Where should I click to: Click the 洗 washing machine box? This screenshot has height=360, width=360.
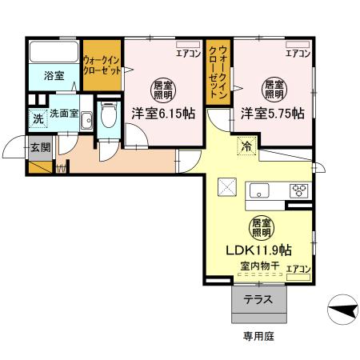tap(37, 118)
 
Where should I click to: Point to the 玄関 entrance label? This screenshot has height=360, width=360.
tap(40, 146)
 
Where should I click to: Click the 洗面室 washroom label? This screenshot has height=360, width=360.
tap(63, 114)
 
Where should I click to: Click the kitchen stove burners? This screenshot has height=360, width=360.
tap(300, 190)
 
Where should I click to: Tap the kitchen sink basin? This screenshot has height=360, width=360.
tap(261, 190)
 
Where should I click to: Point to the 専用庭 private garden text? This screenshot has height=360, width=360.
tap(258, 336)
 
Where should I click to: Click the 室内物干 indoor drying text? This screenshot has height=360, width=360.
tap(255, 266)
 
